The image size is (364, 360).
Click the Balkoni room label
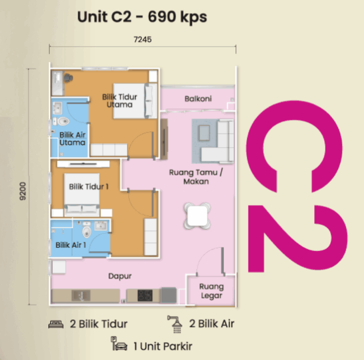point(198,99)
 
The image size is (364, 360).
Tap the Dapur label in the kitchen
point(120,276)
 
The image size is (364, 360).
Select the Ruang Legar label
point(211,291)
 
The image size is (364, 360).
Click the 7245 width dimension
point(143,39)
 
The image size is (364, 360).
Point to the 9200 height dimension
point(22,191)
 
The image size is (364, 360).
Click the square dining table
point(197,216)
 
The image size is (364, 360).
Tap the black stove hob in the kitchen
point(145,296)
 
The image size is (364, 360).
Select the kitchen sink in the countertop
point(81,296)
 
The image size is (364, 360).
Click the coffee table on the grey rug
point(204,133)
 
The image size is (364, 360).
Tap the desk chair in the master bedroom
point(68,78)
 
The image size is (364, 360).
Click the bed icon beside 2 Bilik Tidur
point(56,324)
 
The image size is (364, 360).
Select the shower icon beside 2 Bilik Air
point(176,324)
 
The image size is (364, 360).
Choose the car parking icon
point(119,344)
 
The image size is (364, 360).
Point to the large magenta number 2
point(298,238)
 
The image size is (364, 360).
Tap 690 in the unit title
point(161,17)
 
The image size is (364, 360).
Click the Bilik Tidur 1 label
point(89,186)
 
